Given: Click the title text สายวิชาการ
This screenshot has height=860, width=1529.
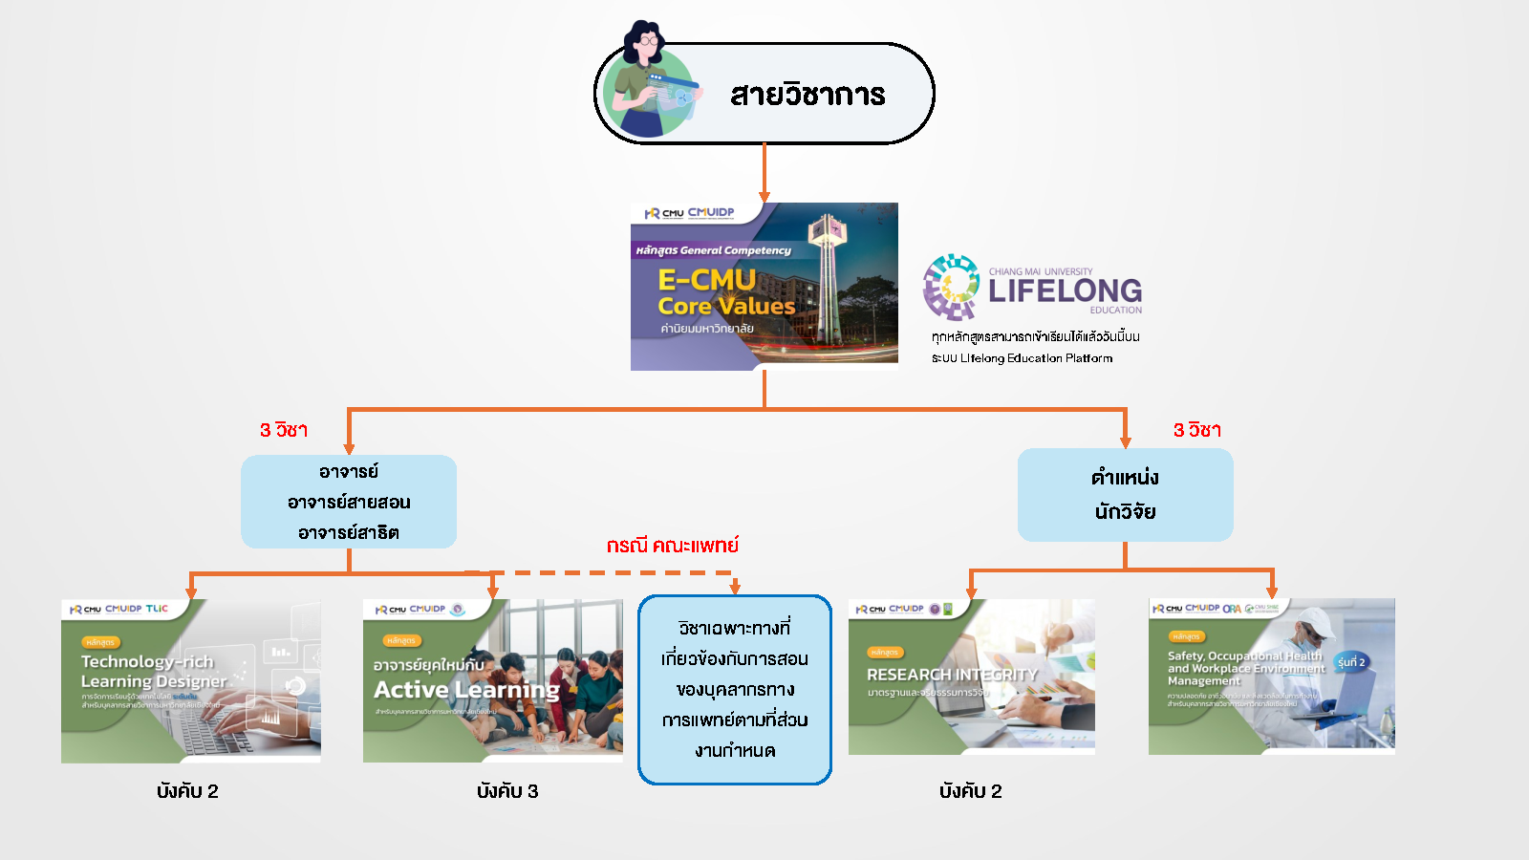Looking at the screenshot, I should point(808,95).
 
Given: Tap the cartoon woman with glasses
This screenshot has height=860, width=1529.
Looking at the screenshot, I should point(648,81).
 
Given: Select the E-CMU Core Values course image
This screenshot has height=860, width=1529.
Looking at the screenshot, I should point(764,287).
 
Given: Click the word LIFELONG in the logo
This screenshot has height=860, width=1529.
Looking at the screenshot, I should point(1065,290).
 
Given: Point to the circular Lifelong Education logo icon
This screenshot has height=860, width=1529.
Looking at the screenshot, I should point(951,286).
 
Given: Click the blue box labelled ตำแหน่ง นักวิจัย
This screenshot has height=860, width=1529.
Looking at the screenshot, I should point(1125,495).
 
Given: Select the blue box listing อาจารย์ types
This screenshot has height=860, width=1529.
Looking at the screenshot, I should point(349,502).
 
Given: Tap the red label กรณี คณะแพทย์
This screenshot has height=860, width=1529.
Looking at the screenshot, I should point(672,546).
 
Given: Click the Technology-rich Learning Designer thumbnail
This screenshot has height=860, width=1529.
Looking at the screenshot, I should point(191,681).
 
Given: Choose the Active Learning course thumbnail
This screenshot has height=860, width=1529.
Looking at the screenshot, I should point(492,681).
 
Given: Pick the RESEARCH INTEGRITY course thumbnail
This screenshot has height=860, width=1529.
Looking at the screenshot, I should point(971,677).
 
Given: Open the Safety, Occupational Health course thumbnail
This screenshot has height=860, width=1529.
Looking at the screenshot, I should point(1271,677).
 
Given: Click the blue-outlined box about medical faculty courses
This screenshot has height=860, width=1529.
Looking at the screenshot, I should point(735,689).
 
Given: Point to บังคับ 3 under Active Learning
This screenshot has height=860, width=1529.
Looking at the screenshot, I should point(507,791).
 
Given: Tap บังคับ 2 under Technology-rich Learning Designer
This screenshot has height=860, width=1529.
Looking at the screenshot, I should point(187,791).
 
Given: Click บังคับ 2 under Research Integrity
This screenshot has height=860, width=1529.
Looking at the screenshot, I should point(970,791).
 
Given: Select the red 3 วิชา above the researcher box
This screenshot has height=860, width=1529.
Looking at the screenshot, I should point(1196,430).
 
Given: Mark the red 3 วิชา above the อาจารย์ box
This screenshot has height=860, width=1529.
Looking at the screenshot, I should point(284,430).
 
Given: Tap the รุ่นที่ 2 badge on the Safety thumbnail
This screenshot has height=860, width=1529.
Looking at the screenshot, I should point(1351,662).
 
